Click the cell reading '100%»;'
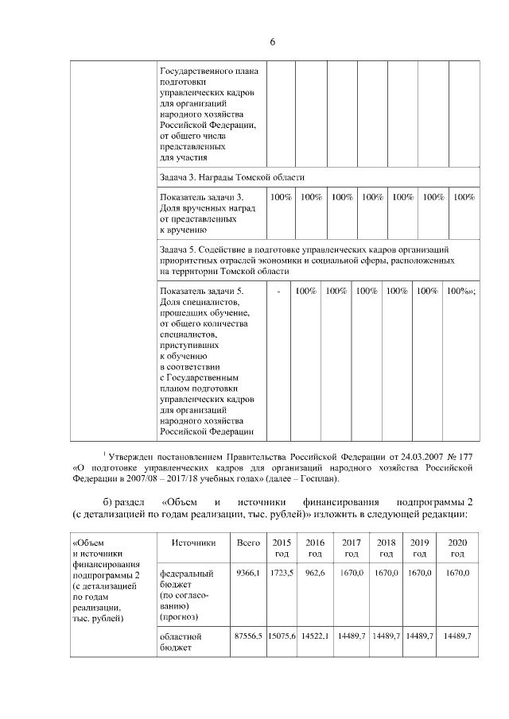pos(461,291)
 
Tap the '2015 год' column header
pos(282,547)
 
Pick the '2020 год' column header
pos(457,547)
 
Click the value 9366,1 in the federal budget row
pos(249,572)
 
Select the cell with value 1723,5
pos(282,572)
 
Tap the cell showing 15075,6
pos(282,636)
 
